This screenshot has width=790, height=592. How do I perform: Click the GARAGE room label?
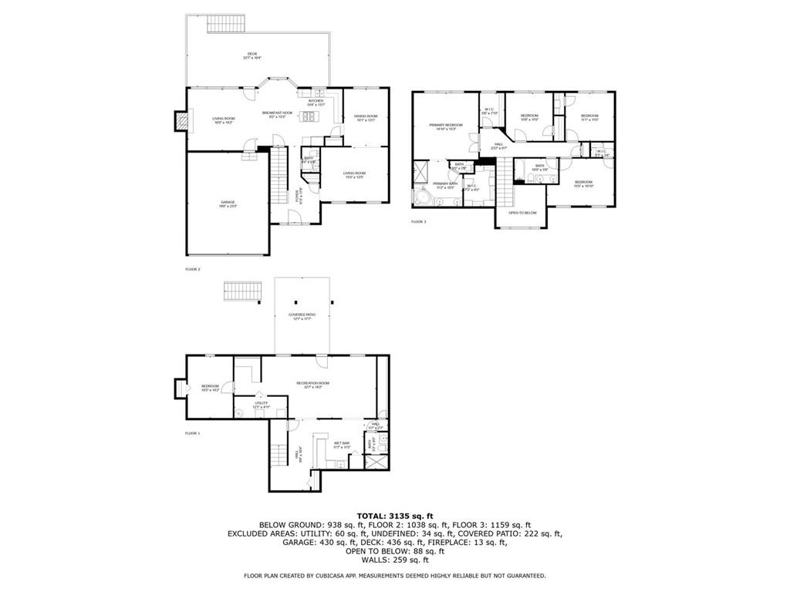(x=227, y=203)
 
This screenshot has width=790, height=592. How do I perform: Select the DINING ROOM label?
(x=366, y=118)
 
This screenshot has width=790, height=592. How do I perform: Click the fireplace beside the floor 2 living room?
(x=181, y=120)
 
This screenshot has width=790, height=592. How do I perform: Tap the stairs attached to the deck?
(x=225, y=22)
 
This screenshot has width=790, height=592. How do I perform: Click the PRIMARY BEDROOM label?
(x=446, y=126)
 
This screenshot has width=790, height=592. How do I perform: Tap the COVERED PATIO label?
(x=302, y=316)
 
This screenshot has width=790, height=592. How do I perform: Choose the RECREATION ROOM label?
(x=313, y=385)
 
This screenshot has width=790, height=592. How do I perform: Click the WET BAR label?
(x=343, y=444)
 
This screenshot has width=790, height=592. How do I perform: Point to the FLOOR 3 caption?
(x=418, y=222)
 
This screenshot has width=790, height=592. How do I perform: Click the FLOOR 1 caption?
(x=192, y=433)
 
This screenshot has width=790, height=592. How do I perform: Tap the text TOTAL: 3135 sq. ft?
(x=394, y=516)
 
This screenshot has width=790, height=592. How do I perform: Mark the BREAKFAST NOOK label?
(x=277, y=116)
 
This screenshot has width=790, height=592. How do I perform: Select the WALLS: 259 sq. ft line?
(x=394, y=560)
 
